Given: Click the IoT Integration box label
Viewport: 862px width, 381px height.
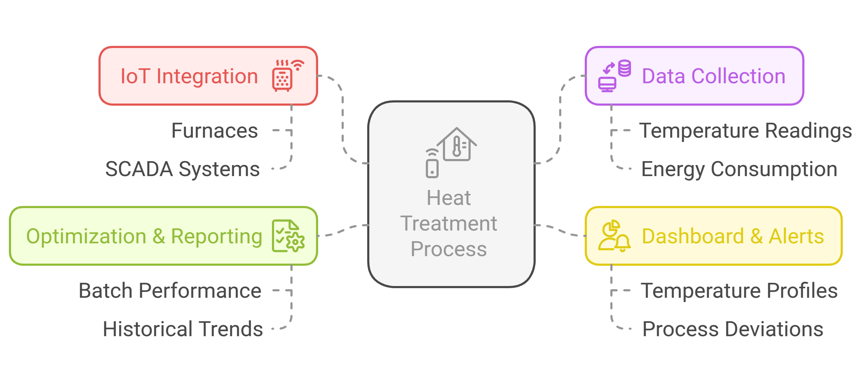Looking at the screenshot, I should [189, 76].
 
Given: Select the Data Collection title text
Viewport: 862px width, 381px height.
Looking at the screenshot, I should [713, 76].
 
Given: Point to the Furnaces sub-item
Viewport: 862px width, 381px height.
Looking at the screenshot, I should [214, 131].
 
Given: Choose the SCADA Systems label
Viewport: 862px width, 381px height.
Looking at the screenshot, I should [182, 169].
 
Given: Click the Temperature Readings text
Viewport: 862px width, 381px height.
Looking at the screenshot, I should [745, 131].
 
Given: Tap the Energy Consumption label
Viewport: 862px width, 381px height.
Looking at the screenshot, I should [739, 169].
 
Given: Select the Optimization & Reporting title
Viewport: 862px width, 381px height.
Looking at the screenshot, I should [144, 237].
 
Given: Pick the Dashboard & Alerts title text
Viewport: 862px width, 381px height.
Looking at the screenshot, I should [733, 237].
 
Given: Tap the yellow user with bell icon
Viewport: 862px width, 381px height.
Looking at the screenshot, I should [614, 236].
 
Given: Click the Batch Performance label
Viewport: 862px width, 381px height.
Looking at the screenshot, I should [170, 291].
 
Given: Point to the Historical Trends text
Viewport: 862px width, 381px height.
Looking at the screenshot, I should [183, 329].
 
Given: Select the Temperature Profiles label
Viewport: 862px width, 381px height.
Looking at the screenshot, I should [739, 291].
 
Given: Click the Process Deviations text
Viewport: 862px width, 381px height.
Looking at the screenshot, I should [733, 329].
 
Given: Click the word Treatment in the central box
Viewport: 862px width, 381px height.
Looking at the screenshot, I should [449, 224].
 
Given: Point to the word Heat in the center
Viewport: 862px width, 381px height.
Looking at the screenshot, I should [449, 198].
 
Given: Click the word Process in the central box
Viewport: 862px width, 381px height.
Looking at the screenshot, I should [449, 249].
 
